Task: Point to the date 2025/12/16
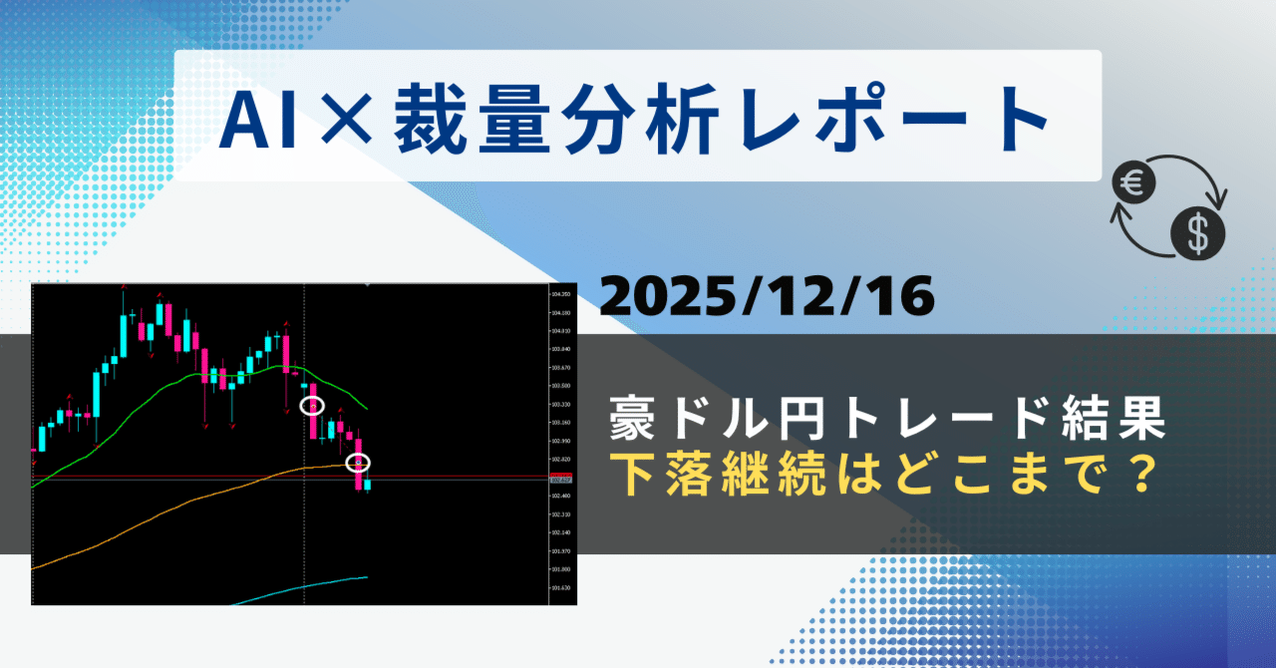click(x=768, y=297)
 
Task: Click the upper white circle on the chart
click(x=312, y=406)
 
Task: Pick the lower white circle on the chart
click(x=358, y=463)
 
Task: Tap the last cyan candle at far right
click(x=368, y=486)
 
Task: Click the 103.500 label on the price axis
click(x=560, y=386)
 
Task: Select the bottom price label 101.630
click(x=560, y=588)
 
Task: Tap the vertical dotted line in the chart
click(x=304, y=518)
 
